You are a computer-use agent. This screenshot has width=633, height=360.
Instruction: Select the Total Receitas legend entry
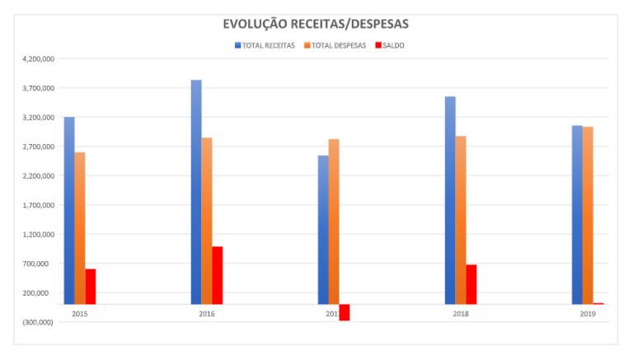(x=265, y=45)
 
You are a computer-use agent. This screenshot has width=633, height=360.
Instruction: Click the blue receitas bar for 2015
(x=69, y=211)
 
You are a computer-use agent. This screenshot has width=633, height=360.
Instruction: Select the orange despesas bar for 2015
(x=80, y=228)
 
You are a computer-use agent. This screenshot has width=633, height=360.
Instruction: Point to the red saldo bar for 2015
(x=91, y=287)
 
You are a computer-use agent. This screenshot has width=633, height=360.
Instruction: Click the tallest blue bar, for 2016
(x=196, y=192)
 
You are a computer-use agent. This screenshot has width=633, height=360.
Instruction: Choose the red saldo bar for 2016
(x=218, y=275)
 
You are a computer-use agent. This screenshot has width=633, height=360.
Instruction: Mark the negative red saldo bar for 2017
(x=345, y=312)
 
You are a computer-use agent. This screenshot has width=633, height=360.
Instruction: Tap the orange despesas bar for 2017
(x=334, y=222)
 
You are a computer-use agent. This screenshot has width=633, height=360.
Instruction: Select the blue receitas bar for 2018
(x=450, y=200)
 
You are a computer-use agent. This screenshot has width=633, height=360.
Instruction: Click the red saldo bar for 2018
(x=471, y=284)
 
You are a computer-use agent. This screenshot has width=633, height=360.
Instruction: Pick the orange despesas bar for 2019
(x=588, y=215)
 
